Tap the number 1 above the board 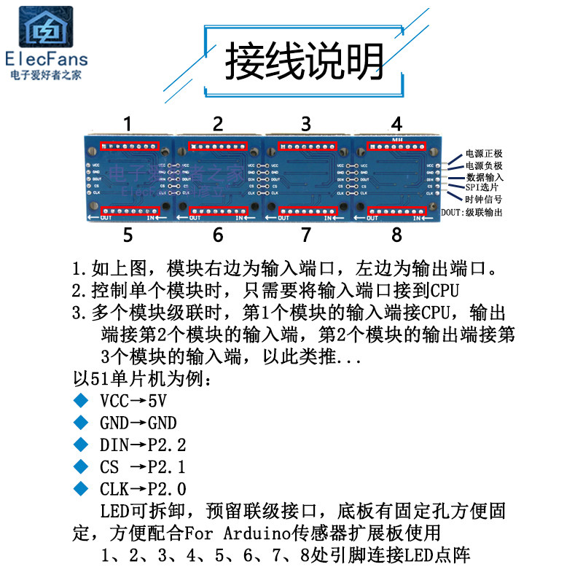(128, 123)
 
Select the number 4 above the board (396, 123)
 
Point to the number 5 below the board (128, 235)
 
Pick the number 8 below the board (396, 235)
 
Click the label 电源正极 (484, 154)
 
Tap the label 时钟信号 (484, 198)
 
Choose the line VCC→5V (133, 401)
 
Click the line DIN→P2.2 (143, 445)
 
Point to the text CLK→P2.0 (143, 488)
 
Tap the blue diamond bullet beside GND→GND (81, 423)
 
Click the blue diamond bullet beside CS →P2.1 (81, 466)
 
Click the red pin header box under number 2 (218, 146)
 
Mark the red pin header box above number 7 (307, 211)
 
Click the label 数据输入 (484, 176)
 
